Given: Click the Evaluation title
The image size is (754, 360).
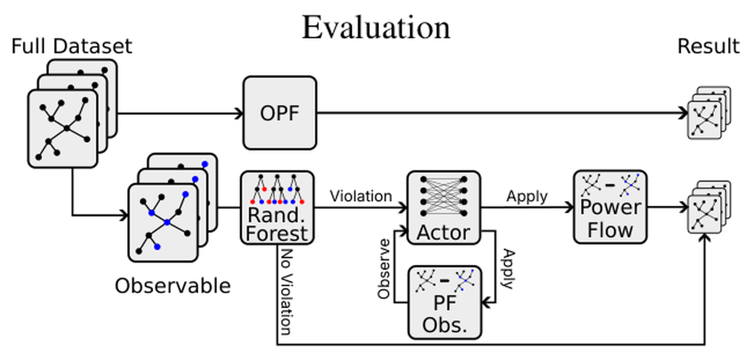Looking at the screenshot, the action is click(376, 28).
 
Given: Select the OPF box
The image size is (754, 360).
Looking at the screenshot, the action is click(280, 113).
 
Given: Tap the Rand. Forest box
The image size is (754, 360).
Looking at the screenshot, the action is click(278, 208).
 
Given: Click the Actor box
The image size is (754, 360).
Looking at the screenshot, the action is click(443, 208).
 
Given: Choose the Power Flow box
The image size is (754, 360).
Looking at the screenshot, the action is click(610, 206).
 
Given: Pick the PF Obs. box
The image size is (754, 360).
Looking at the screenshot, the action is click(445, 302).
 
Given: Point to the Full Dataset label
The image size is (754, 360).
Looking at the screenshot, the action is click(72, 46).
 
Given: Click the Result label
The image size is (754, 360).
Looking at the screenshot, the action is click(709, 46).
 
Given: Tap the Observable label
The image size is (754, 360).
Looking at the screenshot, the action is click(172, 286).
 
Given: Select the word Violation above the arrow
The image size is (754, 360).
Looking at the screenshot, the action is click(361, 196).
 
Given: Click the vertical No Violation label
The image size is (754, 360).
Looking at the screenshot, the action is click(287, 292).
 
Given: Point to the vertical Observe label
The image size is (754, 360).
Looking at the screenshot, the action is click(384, 269).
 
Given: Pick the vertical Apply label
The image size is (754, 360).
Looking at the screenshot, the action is click(508, 269).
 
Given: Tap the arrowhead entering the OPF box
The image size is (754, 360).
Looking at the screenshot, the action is click(239, 114).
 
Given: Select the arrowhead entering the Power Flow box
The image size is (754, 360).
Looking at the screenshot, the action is click(570, 207).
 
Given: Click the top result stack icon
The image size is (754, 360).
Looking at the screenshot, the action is click(709, 113).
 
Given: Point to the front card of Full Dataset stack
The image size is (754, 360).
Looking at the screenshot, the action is click(63, 129).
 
